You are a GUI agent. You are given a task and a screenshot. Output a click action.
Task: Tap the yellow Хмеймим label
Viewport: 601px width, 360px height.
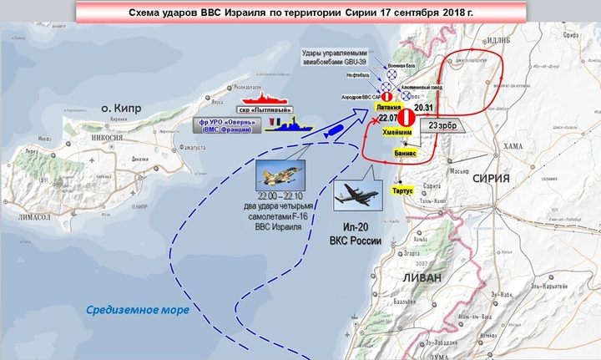click(399, 132)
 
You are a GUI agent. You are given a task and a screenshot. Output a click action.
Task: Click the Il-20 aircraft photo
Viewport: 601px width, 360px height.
click(357, 196)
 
